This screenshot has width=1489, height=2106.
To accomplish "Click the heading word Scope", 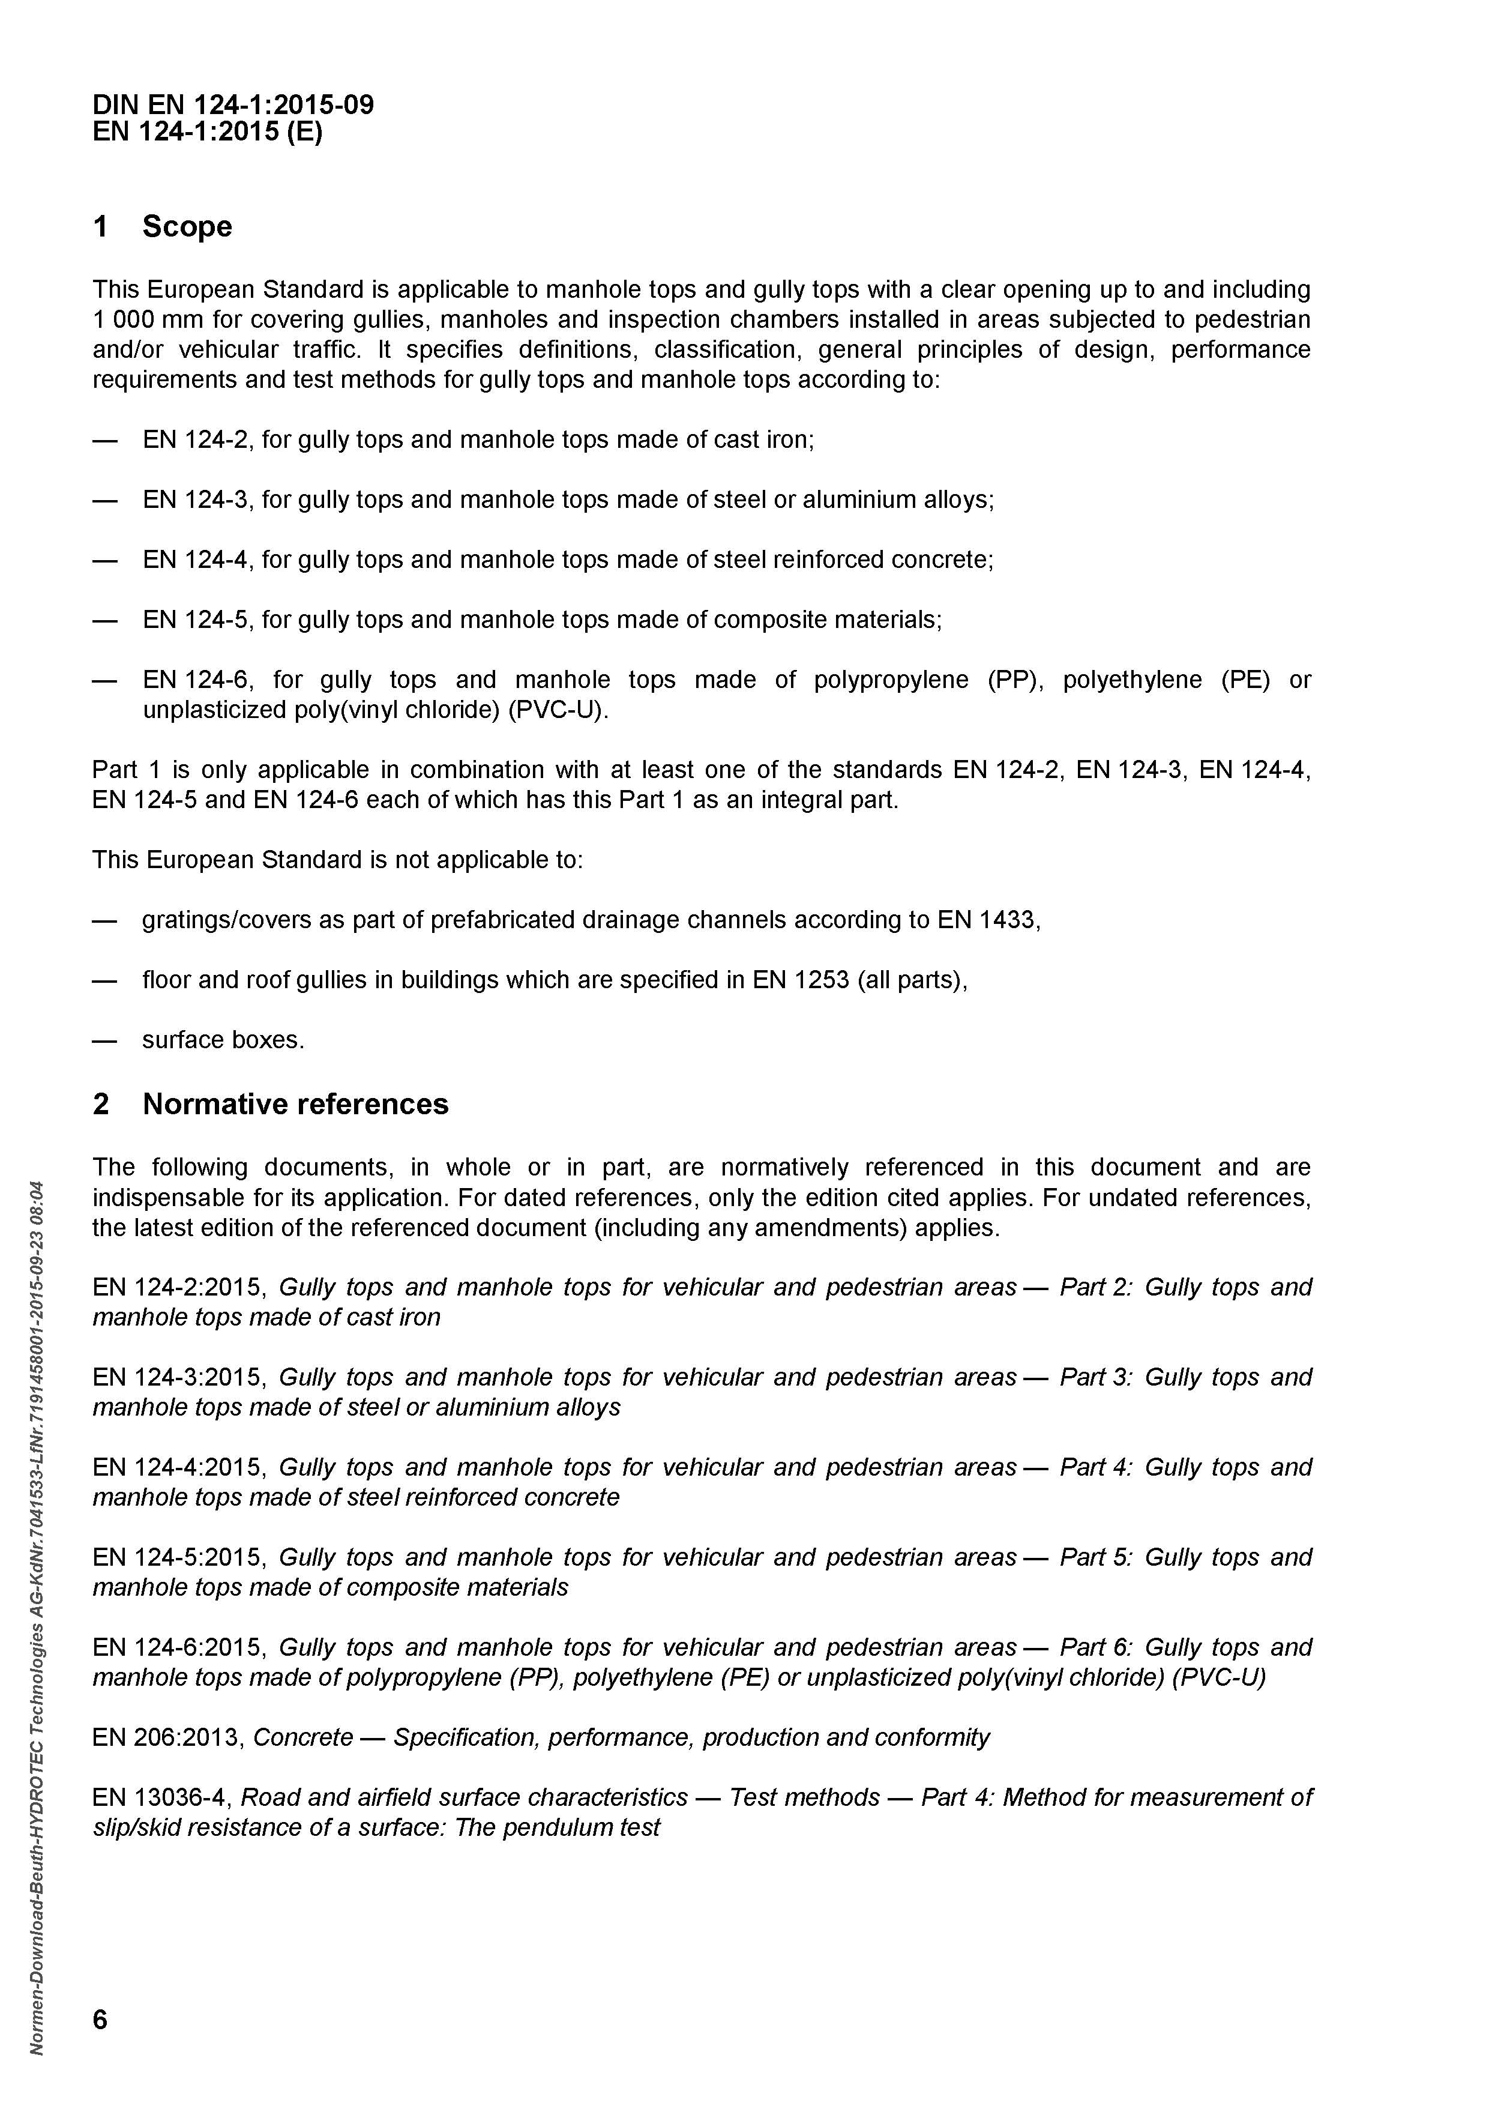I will pyautogui.click(x=187, y=226).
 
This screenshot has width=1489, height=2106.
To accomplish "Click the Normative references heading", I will pyautogui.click(x=295, y=1103).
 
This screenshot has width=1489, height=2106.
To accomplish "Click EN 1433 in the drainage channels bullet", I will pyautogui.click(x=987, y=920).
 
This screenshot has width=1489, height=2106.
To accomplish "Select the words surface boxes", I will pyautogui.click(x=222, y=1040).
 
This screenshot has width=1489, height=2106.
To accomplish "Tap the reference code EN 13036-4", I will pyautogui.click(x=161, y=1798).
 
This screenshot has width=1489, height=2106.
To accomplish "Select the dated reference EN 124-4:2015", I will pyautogui.click(x=178, y=1468).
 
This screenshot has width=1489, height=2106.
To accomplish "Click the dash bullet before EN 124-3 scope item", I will pyautogui.click(x=104, y=501).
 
